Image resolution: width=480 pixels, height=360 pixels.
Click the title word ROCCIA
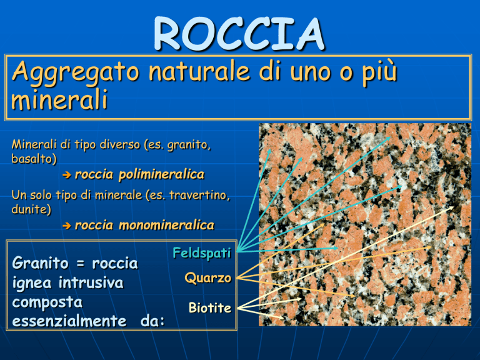pyautogui.click(x=239, y=34)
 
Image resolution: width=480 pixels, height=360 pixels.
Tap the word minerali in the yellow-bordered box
pyautogui.click(x=59, y=99)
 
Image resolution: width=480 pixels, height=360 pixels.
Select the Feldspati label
pyautogui.click(x=202, y=253)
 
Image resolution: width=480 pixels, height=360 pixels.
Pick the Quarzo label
pyautogui.click(x=208, y=278)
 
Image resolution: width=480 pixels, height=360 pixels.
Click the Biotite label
pyautogui.click(x=210, y=307)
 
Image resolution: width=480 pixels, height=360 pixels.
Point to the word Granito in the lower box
pyautogui.click(x=40, y=263)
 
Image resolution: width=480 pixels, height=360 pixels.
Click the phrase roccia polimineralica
pyautogui.click(x=139, y=174)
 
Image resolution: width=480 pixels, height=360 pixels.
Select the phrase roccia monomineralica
pyautogui.click(x=144, y=225)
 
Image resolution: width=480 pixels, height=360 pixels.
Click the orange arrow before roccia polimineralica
pyautogui.click(x=66, y=175)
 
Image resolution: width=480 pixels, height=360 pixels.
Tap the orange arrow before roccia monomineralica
pyautogui.click(x=66, y=226)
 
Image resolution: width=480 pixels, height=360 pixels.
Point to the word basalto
pyautogui.click(x=34, y=159)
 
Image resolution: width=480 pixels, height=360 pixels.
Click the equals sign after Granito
pyautogui.click(x=80, y=264)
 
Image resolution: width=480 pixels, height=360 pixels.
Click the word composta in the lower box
pyautogui.click(x=47, y=302)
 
